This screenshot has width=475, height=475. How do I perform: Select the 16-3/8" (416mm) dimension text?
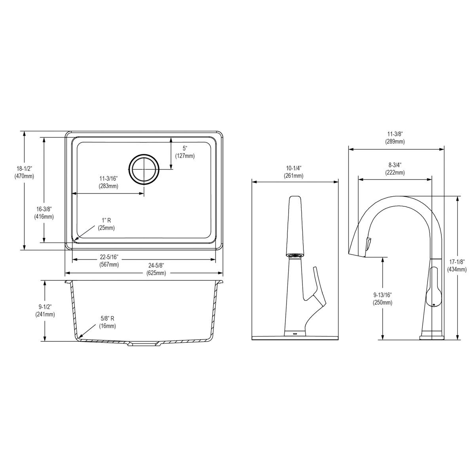[44, 213]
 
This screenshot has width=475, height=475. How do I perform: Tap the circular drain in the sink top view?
[144, 169]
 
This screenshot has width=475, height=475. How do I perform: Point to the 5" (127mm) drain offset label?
[185, 152]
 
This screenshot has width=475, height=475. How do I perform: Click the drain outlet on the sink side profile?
[143, 344]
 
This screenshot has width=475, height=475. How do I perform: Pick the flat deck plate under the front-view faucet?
[295, 338]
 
